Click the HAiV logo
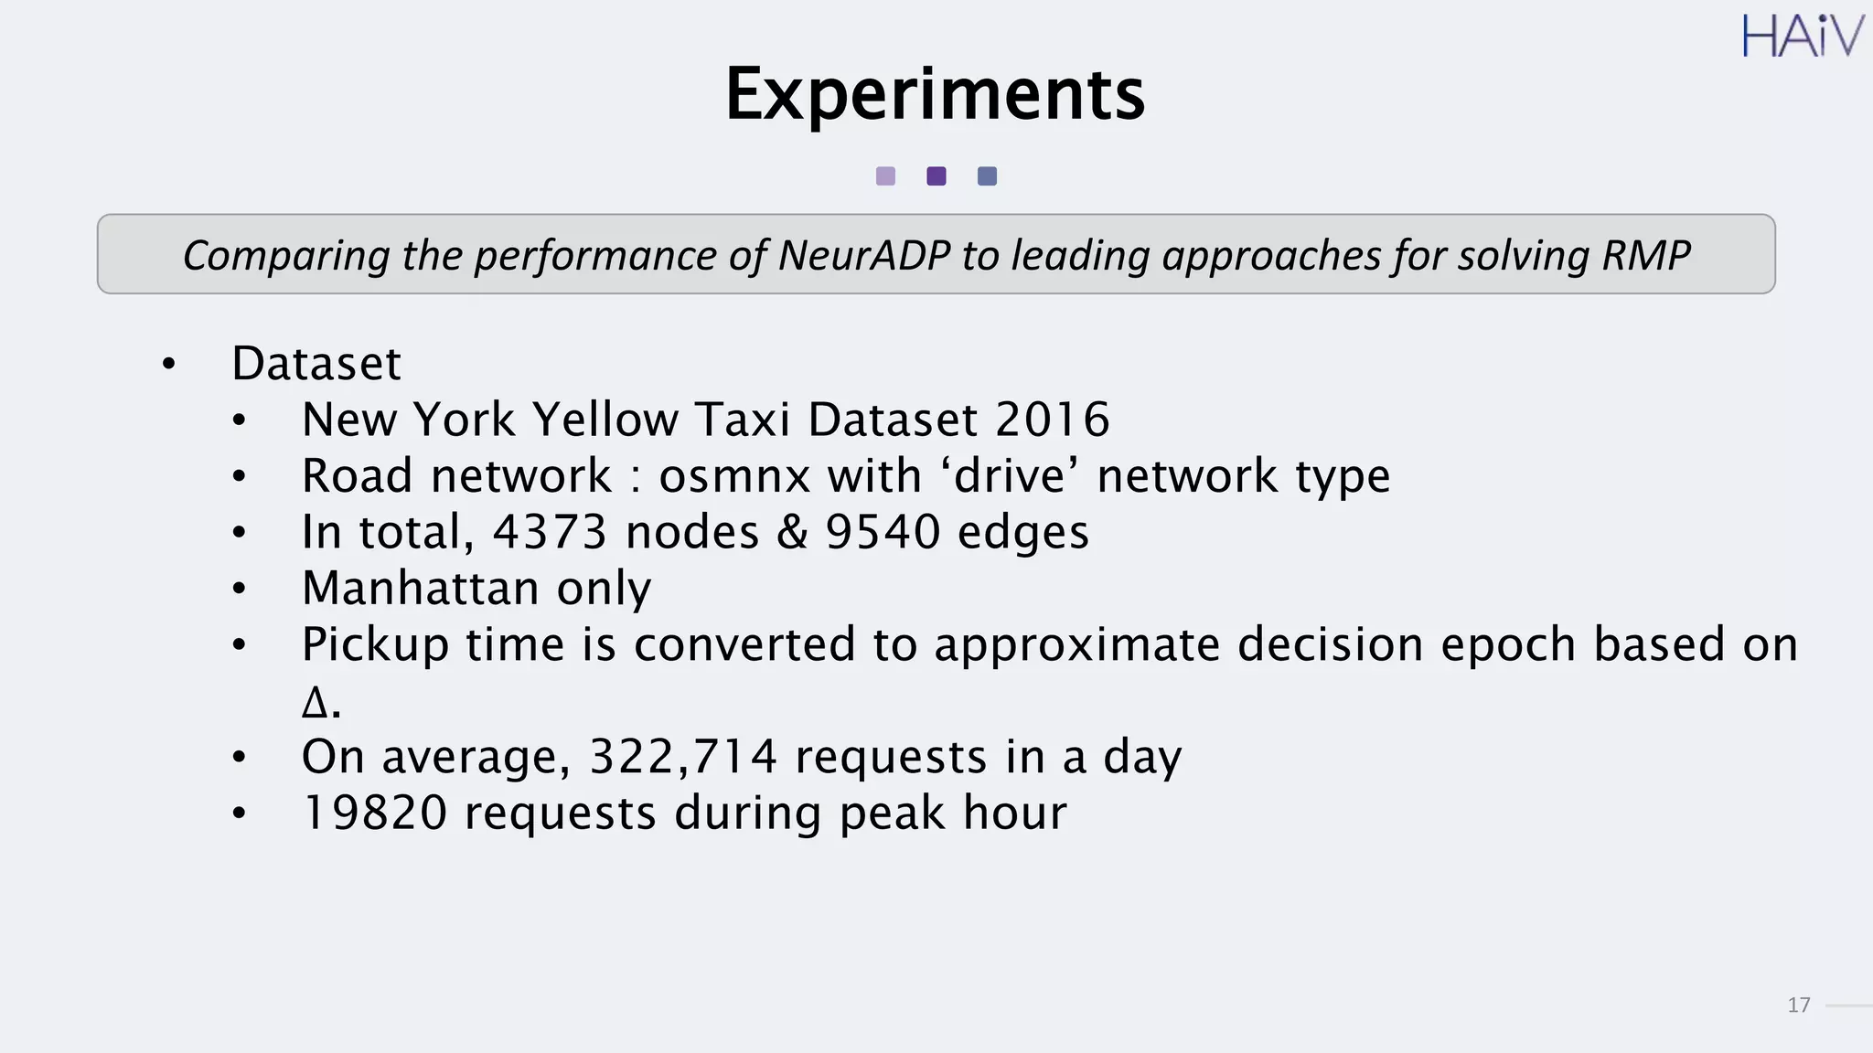1801,37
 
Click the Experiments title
935,94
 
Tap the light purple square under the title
885,176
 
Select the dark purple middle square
936,176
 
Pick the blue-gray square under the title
987,176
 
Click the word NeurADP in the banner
864,255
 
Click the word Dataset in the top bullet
316,364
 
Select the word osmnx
734,476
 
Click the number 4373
550,532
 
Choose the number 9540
883,532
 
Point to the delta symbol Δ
314,703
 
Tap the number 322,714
683,757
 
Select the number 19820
374,813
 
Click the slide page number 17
1798,1005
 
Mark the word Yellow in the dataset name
605,420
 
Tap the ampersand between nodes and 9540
792,532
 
